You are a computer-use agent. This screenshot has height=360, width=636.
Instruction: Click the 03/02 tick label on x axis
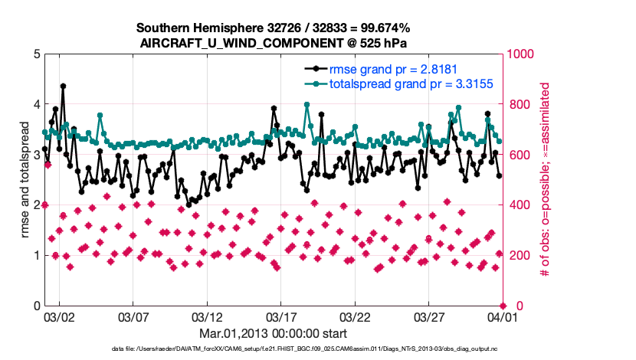pyautogui.click(x=59, y=316)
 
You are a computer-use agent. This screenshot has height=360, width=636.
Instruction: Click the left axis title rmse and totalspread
pyautogui.click(x=25, y=180)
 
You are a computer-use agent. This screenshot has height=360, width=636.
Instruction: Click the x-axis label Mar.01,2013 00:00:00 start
pyautogui.click(x=274, y=334)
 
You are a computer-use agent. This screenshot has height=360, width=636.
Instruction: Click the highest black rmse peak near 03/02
pyautogui.click(x=63, y=87)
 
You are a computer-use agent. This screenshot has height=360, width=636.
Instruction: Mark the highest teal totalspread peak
pyautogui.click(x=307, y=104)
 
